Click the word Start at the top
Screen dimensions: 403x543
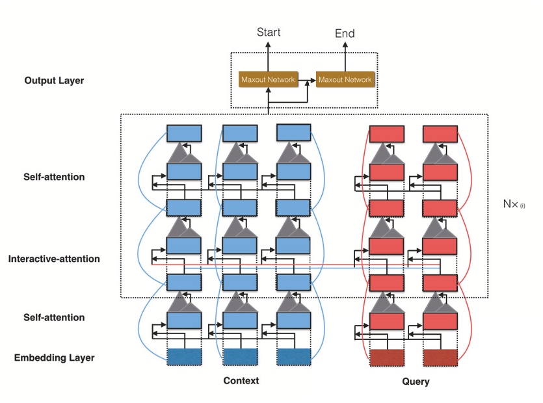tap(269, 32)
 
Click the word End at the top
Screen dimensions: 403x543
tap(345, 33)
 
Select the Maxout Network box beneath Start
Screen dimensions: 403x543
tap(268, 80)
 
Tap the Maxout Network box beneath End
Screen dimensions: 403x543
tap(345, 80)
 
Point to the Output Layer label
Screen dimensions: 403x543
tap(54, 81)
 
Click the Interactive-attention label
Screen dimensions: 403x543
tap(54, 259)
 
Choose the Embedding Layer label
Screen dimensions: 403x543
tap(55, 357)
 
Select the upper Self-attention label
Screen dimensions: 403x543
tap(55, 177)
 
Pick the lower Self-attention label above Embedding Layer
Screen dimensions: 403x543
tap(55, 317)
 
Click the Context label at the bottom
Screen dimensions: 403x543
tap(241, 380)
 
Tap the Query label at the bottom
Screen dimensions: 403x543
tap(416, 382)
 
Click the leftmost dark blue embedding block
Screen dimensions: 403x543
tap(185, 357)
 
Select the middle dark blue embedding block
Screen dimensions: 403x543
tap(240, 357)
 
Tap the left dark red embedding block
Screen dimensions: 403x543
tap(387, 357)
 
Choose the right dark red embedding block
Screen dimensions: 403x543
tap(440, 357)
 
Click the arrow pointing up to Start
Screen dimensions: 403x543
tap(269, 55)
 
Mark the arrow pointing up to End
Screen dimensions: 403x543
tap(345, 55)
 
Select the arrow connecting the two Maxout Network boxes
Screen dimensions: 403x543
tap(306, 80)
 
